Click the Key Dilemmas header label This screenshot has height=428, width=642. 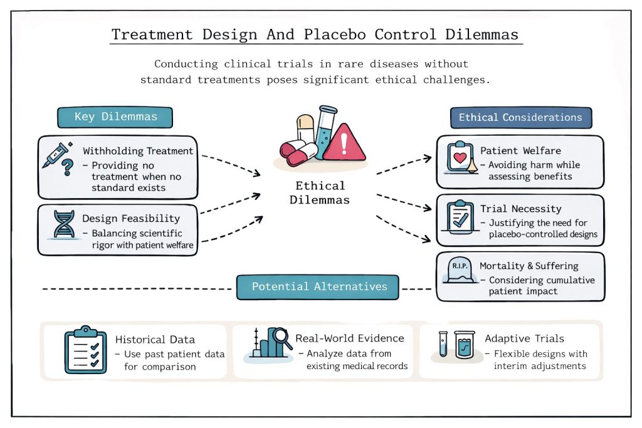click(x=115, y=117)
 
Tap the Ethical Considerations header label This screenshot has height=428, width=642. click(x=521, y=117)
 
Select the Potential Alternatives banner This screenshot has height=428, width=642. click(x=318, y=287)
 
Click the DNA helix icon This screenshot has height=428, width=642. click(x=64, y=224)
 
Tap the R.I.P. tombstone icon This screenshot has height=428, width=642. click(x=460, y=270)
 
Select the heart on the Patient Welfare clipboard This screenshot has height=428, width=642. click(x=460, y=157)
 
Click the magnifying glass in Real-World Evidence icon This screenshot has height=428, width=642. click(x=282, y=338)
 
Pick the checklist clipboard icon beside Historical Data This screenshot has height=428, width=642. click(x=85, y=350)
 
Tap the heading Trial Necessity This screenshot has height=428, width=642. click(x=520, y=209)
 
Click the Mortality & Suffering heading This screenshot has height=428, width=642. click(x=529, y=266)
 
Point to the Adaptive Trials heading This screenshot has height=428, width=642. click(x=524, y=339)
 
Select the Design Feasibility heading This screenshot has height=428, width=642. click(x=131, y=219)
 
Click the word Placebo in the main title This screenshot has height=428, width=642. click(x=335, y=34)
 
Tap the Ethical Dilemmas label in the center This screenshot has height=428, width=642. click(x=320, y=193)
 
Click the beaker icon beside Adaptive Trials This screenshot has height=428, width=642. click(x=465, y=345)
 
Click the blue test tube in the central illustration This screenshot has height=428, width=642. click(x=326, y=132)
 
